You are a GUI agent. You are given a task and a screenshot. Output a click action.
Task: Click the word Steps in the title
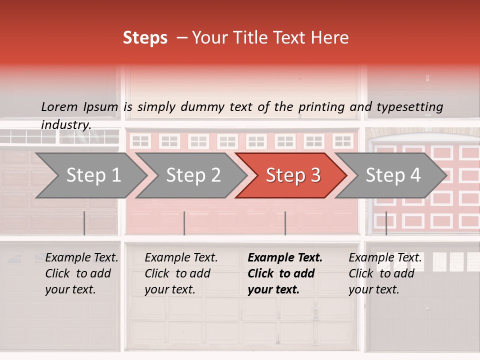tap(145, 38)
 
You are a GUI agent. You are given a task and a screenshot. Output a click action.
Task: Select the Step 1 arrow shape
tap(93, 175)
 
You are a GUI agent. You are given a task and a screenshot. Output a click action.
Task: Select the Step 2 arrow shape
tap(193, 175)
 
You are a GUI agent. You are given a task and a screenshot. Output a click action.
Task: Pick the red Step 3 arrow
tap(293, 175)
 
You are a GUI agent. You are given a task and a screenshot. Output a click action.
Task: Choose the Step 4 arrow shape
tap(393, 175)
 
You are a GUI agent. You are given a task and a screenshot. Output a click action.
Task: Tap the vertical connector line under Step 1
tap(84, 223)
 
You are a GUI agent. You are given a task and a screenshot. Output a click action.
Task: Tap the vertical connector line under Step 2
tap(184, 223)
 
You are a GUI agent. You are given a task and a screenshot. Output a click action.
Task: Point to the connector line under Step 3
tap(285, 223)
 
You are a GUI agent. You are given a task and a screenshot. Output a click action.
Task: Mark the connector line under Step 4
tap(386, 223)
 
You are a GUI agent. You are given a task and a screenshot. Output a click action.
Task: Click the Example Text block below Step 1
tap(81, 273)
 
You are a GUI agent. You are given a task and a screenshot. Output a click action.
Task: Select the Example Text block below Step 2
tap(181, 273)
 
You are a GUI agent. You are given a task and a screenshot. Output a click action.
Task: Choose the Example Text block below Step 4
tap(385, 273)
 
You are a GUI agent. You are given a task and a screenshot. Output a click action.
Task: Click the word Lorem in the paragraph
tap(59, 106)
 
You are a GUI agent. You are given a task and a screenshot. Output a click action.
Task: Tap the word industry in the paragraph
tap(65, 124)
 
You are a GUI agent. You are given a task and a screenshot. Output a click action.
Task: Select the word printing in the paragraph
tap(320, 106)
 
